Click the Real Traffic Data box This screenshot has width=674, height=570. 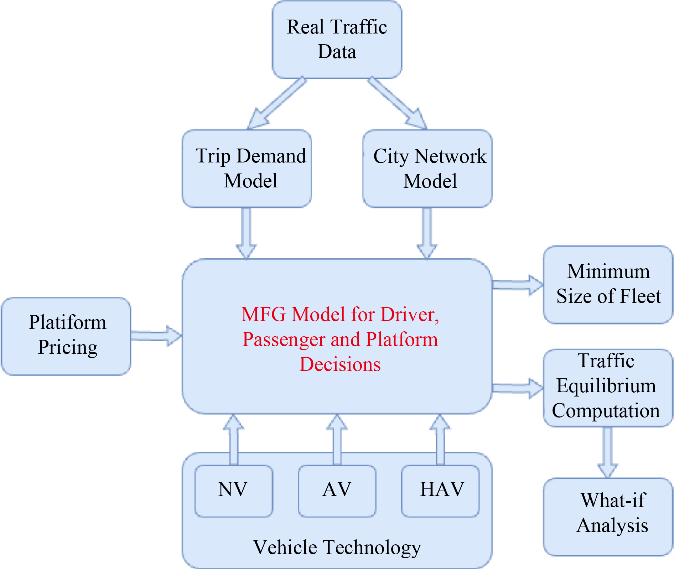tap(337, 39)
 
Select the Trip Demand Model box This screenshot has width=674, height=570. tap(247, 168)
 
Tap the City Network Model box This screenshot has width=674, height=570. tap(427, 168)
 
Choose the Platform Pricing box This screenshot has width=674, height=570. tap(66, 336)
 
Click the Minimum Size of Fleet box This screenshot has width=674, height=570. tap(608, 284)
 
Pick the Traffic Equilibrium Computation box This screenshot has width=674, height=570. tap(608, 388)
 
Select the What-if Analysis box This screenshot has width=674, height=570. tap(608, 517)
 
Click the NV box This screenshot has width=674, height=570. tap(234, 491)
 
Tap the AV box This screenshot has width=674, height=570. tap(337, 491)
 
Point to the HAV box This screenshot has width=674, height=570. tap(440, 491)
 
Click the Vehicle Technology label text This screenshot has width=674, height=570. tap(337, 547)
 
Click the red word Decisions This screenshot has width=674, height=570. tap(340, 364)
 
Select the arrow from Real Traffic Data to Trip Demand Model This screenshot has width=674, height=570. tap(276, 103)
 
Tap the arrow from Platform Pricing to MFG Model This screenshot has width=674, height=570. tap(156, 336)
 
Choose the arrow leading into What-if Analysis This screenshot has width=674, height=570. tap(608, 452)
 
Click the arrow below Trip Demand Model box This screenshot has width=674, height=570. tap(246, 233)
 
